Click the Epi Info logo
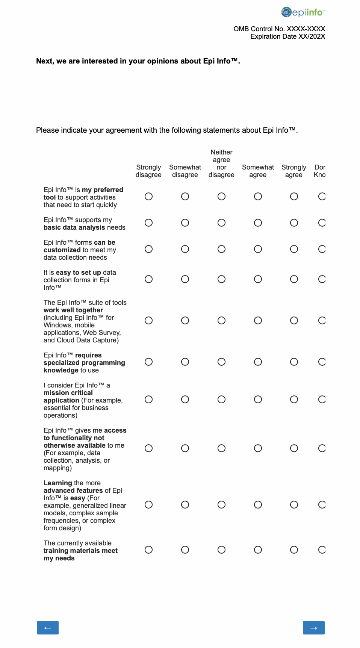(x=303, y=12)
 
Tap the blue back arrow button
(x=48, y=628)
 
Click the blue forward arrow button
(x=314, y=628)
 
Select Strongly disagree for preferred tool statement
(x=149, y=197)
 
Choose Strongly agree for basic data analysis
(x=294, y=223)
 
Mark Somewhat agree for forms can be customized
(x=258, y=249)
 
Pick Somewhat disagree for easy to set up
(x=185, y=279)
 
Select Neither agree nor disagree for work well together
(x=222, y=321)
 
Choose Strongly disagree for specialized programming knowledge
(x=149, y=362)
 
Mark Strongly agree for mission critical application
(x=294, y=400)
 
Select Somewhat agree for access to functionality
(x=258, y=448)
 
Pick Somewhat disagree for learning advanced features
(x=185, y=505)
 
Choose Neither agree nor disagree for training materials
(x=222, y=550)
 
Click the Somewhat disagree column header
(x=185, y=171)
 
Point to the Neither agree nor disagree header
(x=221, y=164)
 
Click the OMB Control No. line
(x=279, y=29)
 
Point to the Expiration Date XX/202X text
(x=288, y=36)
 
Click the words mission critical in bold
(x=68, y=393)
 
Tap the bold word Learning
(x=57, y=483)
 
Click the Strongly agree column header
(x=294, y=171)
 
